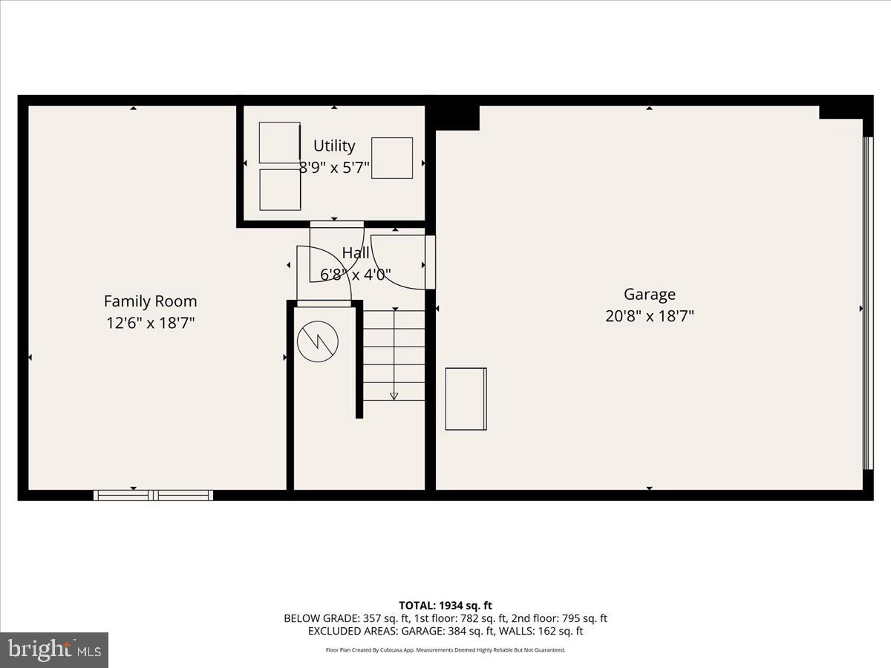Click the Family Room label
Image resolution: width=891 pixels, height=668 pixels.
click(x=150, y=301)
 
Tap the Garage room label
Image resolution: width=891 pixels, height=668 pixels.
click(x=649, y=294)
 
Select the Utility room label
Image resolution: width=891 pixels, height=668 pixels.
click(x=334, y=145)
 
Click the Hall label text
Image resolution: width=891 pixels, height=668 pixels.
click(x=356, y=253)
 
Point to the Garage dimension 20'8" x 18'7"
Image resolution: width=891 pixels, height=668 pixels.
click(x=649, y=316)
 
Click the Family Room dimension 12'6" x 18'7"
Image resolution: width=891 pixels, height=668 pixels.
click(x=150, y=323)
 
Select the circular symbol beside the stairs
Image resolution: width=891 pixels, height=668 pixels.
click(x=317, y=341)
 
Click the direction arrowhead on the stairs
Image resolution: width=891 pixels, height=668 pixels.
click(x=394, y=396)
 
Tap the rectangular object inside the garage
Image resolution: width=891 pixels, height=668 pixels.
click(x=466, y=399)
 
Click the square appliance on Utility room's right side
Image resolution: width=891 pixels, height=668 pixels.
click(x=391, y=158)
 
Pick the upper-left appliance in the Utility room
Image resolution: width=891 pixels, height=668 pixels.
click(x=280, y=143)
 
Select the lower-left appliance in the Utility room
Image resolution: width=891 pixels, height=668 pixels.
click(x=280, y=189)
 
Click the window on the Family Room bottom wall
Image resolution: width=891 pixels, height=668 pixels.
click(x=153, y=495)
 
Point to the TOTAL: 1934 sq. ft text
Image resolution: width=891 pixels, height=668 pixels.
click(x=445, y=606)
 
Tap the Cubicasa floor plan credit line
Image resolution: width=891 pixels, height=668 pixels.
click(x=445, y=649)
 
